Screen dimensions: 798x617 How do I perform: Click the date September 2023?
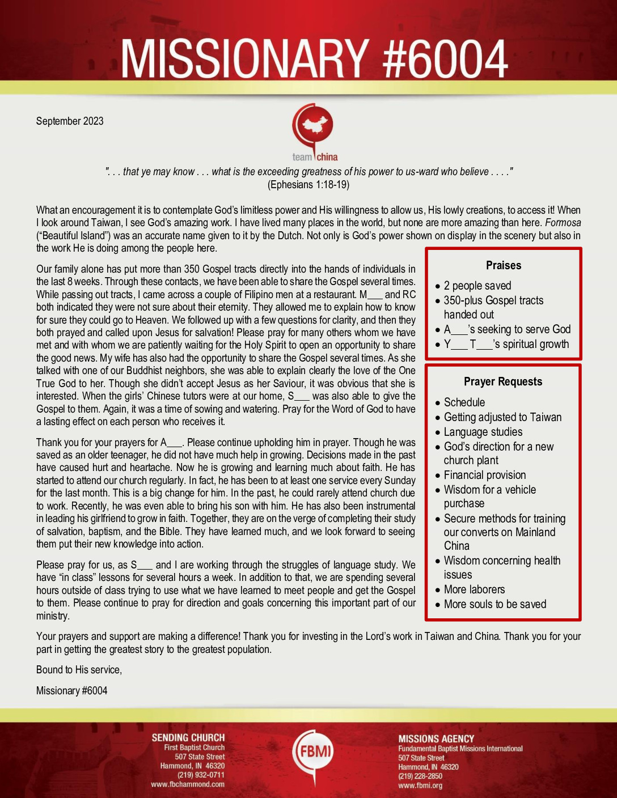70,121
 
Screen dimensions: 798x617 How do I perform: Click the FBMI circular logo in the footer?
312,752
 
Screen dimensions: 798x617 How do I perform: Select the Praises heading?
503,265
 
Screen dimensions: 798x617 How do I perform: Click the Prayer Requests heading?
503,381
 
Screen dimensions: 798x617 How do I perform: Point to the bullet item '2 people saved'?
477,286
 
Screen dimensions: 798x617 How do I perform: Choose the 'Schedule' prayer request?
464,402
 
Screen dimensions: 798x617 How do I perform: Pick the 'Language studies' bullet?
483,432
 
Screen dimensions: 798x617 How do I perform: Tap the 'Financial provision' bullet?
484,475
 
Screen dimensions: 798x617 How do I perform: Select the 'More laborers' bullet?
474,589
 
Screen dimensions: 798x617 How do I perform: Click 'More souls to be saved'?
495,604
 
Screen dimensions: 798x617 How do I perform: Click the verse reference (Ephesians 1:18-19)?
308,185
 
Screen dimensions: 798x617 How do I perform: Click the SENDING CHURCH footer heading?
188,737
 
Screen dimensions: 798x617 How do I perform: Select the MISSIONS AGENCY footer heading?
436,738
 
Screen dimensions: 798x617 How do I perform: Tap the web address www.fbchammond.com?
187,784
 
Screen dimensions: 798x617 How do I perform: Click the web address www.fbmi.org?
420,786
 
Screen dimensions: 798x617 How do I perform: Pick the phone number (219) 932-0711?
201,775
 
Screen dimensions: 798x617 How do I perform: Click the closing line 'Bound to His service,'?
79,670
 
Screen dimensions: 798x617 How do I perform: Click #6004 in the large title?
446,59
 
